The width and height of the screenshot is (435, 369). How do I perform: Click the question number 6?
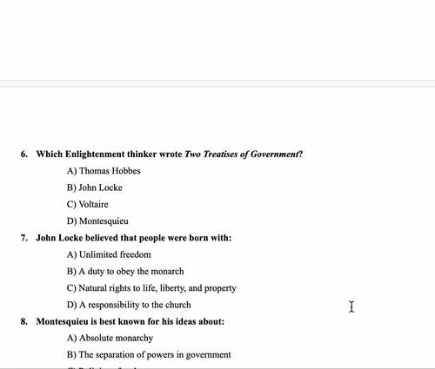coord(24,155)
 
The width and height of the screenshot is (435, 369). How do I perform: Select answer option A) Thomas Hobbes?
coord(104,171)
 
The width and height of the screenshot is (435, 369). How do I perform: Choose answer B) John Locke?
coord(94,188)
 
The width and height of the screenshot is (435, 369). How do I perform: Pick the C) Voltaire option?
coord(88,205)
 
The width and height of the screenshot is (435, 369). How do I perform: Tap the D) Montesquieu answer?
coord(97,221)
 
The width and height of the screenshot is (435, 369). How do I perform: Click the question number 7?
coord(24,238)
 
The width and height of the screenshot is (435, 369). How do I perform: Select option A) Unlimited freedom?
coord(109,254)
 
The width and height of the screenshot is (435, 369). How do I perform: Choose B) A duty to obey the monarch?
coord(125,272)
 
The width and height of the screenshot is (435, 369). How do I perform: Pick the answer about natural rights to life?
coord(151,288)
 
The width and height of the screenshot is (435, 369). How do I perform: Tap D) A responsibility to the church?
coord(129,305)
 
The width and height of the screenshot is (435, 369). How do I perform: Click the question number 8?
coord(24,322)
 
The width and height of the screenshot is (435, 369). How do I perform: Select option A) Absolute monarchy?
coord(110,339)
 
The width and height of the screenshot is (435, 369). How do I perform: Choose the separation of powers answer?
coord(149,355)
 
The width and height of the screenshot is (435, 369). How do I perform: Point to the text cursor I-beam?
coord(351,306)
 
